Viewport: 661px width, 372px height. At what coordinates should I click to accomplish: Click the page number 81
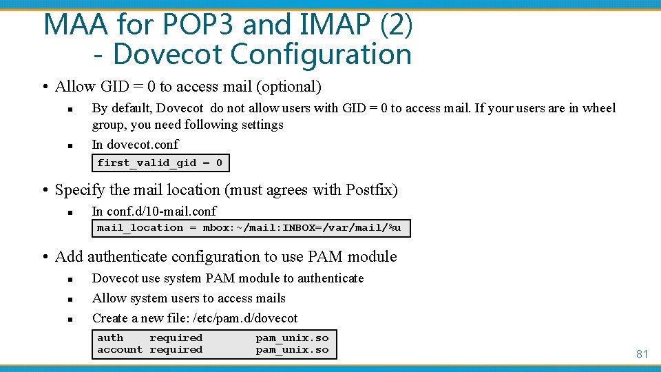point(642,354)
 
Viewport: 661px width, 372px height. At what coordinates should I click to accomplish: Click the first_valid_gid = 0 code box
point(160,163)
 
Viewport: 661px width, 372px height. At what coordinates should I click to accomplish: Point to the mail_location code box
point(251,228)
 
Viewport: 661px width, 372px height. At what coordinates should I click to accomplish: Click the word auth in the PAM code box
point(110,338)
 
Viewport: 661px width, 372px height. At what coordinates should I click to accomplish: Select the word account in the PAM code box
point(120,350)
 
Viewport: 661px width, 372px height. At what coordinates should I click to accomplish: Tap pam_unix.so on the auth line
point(292,338)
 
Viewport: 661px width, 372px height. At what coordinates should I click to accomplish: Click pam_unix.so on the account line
point(292,350)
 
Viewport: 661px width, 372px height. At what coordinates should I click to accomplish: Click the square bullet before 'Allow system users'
point(70,299)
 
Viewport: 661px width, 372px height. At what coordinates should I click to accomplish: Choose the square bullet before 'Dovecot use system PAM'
point(70,279)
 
